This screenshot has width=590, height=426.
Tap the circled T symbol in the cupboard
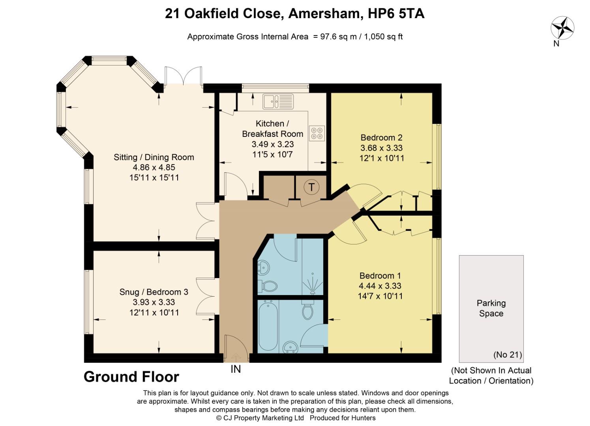pyautogui.click(x=312, y=187)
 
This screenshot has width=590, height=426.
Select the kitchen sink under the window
pyautogui.click(x=278, y=101)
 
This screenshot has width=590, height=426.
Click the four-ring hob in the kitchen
pyautogui.click(x=317, y=133)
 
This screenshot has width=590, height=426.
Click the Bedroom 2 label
pyautogui.click(x=381, y=138)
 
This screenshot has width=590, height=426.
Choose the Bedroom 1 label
pyautogui.click(x=380, y=276)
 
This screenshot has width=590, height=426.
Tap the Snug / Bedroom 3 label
pyautogui.click(x=154, y=292)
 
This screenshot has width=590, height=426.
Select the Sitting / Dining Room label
pyautogui.click(x=154, y=157)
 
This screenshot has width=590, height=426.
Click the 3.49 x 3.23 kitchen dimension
pyautogui.click(x=273, y=144)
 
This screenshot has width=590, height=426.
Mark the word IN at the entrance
pyautogui.click(x=236, y=369)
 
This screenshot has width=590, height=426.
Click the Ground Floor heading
pyautogui.click(x=131, y=377)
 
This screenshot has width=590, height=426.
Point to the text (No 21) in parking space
pyautogui.click(x=508, y=355)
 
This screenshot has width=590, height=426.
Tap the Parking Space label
pyautogui.click(x=491, y=308)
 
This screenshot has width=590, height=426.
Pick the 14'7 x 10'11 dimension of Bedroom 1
pyautogui.click(x=380, y=296)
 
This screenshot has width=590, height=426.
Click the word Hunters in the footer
pyautogui.click(x=362, y=418)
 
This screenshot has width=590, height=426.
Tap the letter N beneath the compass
pyautogui.click(x=556, y=44)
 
